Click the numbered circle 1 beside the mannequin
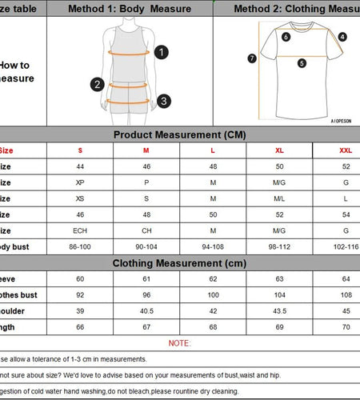point(162,52)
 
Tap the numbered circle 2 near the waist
point(98,84)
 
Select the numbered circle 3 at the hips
point(163,101)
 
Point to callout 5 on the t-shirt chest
point(302,62)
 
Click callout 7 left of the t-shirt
point(252,58)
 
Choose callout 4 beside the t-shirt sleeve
point(342,37)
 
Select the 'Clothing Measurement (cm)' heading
point(179,262)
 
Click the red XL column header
point(279,150)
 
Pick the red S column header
point(80,150)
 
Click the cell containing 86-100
point(80,246)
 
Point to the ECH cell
point(80,230)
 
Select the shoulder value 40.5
point(146,310)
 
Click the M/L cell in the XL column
point(279,198)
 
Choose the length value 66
point(80,326)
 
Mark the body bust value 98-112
point(279,246)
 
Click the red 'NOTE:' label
point(179,342)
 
